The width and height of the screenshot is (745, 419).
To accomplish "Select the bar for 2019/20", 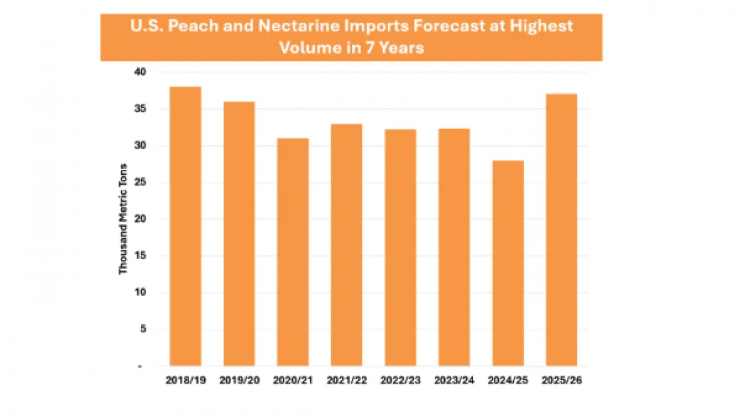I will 239,233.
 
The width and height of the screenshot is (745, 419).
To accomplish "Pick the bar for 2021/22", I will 346,244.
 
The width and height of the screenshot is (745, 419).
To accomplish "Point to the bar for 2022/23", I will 400,247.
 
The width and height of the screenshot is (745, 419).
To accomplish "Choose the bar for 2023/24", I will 454,247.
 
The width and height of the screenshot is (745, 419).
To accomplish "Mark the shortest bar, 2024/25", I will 508,263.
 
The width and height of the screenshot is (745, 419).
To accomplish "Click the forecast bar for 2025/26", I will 561,229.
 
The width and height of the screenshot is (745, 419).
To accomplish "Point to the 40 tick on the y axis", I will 142,72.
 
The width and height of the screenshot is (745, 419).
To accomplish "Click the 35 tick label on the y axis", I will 142,109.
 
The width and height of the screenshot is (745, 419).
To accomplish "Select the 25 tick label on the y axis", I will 142,182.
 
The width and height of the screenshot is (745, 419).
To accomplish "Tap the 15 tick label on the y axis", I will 142,256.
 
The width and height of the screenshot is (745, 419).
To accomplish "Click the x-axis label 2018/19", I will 185,381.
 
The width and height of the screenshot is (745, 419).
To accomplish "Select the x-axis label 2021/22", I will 346,381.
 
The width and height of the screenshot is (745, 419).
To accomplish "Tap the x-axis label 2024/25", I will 508,381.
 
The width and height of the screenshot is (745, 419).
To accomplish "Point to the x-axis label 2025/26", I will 561,381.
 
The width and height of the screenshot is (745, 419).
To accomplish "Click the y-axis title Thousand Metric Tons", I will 123,219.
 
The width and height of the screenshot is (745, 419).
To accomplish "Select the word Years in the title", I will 402,48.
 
